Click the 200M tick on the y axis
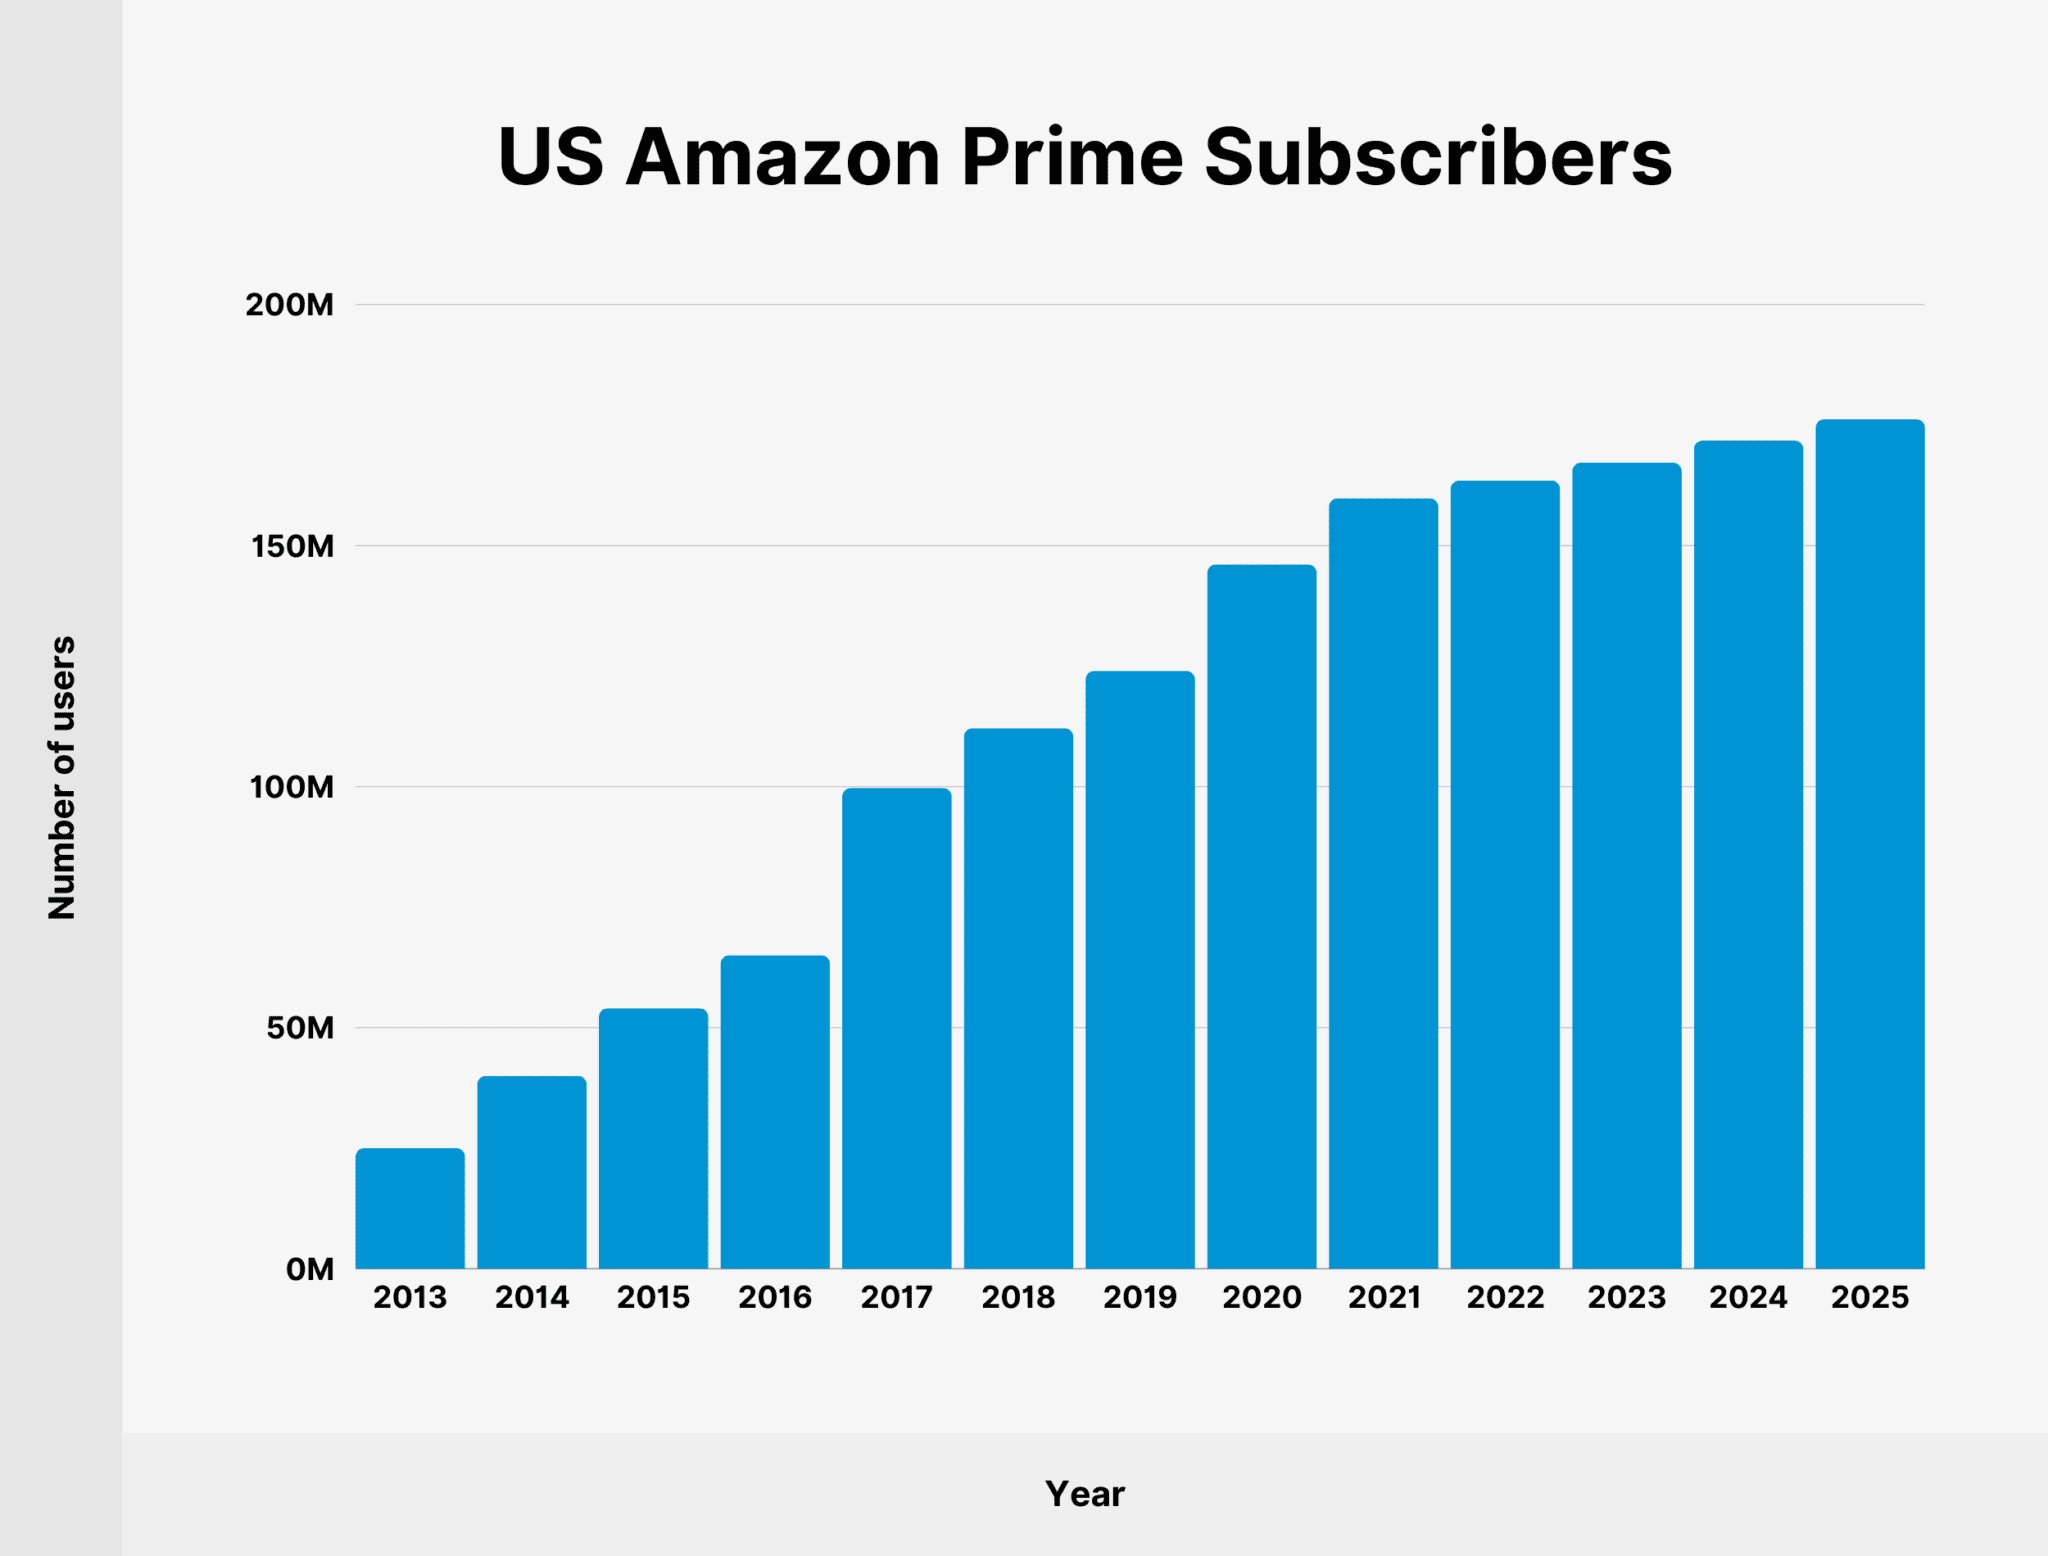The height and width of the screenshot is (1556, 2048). pos(290,305)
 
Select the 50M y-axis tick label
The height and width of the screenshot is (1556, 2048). pos(300,1029)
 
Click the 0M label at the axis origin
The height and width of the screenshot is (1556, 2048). pos(309,1270)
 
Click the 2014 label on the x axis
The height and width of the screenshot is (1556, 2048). pos(532,1298)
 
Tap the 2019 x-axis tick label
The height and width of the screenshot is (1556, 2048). pos(1140,1298)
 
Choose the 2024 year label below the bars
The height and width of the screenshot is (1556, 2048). pos(1748,1298)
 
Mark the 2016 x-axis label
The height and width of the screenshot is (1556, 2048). pos(775,1298)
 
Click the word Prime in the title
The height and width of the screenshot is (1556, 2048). pos(1072,158)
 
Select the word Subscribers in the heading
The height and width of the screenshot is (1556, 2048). pos(1437,158)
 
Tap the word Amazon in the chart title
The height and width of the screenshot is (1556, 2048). pos(783,158)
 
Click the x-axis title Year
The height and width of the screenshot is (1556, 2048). pos(1085,1494)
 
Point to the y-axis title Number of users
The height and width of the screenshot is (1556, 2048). pos(62,777)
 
